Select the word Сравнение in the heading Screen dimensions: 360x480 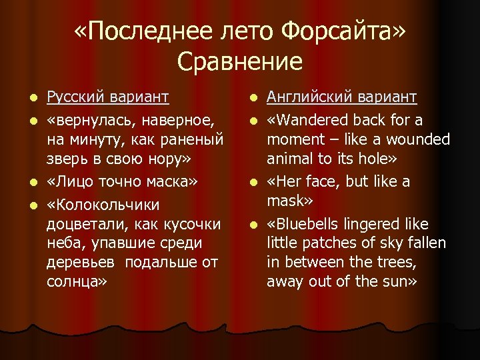pyautogui.click(x=240, y=62)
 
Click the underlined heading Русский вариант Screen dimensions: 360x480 pyautogui.click(x=107, y=98)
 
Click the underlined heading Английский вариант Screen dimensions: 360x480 pyautogui.click(x=341, y=98)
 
